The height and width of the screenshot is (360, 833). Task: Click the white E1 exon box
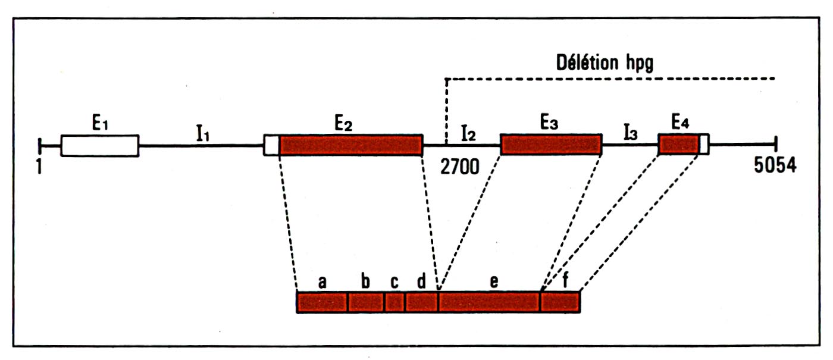tap(99, 145)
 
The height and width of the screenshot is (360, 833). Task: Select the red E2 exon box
tap(350, 145)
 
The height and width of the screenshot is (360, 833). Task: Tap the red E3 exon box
tap(550, 145)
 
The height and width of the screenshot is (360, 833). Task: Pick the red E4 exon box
tap(678, 145)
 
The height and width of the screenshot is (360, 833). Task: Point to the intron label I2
tap(468, 134)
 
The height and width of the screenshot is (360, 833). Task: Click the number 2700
tap(459, 167)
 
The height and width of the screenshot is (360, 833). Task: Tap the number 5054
tap(774, 167)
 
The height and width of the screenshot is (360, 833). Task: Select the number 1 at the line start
tap(39, 167)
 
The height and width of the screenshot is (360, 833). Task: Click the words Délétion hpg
tap(604, 62)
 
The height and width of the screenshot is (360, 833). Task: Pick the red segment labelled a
tap(322, 302)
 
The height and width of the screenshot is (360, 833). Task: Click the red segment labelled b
tap(366, 302)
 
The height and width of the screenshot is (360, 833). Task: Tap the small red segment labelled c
tap(394, 302)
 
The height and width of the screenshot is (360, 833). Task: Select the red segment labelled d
tap(421, 302)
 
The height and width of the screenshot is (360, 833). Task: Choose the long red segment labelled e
tap(489, 302)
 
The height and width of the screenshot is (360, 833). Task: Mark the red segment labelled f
tap(560, 302)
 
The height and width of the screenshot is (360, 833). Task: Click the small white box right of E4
tap(704, 145)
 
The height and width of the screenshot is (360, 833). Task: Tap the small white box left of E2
tap(271, 145)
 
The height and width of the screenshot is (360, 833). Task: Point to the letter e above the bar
tap(494, 282)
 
